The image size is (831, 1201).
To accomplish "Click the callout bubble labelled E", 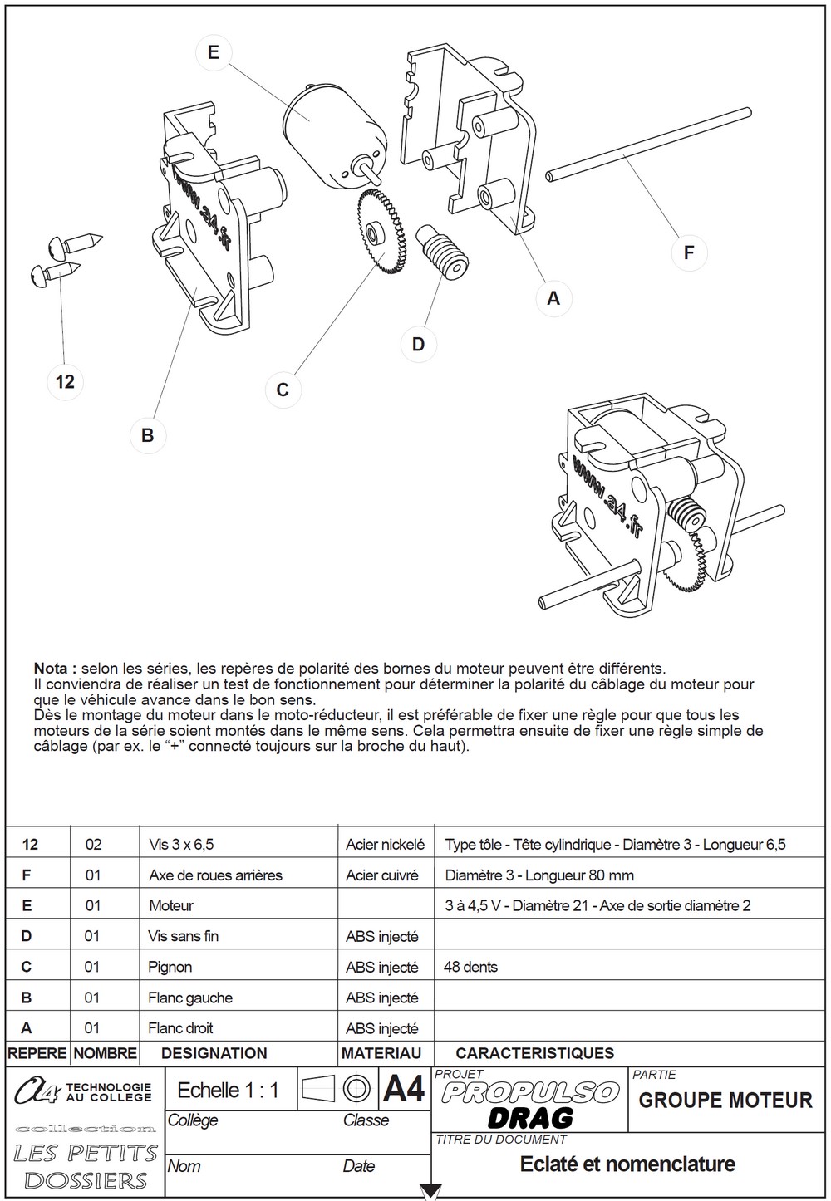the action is click(x=213, y=52).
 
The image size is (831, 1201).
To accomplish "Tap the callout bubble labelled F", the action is click(x=690, y=252).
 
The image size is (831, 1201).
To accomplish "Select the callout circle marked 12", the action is click(x=65, y=382).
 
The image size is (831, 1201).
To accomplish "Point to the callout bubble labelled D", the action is click(x=419, y=344).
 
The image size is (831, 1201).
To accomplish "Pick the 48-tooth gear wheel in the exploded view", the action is click(x=380, y=233).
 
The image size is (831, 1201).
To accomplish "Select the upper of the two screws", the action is click(x=75, y=244).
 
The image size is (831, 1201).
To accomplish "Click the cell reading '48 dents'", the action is click(x=470, y=967).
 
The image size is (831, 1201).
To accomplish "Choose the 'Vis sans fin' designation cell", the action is click(x=183, y=936).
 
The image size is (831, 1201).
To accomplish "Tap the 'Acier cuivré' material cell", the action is click(x=381, y=875).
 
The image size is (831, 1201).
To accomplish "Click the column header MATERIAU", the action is click(x=381, y=1053).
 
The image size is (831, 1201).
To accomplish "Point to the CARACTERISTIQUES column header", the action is click(x=535, y=1053).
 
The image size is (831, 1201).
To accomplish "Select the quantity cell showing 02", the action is click(x=93, y=845).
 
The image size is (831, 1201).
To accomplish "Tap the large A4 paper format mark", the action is click(x=403, y=1089).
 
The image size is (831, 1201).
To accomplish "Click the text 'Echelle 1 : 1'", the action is click(x=228, y=1090).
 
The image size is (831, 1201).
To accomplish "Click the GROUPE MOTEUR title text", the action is click(x=725, y=1101).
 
